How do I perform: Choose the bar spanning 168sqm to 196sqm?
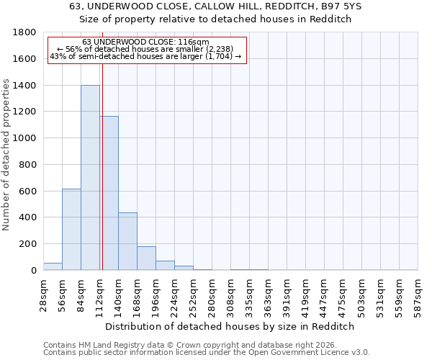(x=146, y=258)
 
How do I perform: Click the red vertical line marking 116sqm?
(x=102, y=158)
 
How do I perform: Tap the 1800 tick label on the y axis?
(x=25, y=32)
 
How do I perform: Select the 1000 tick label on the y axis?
(x=25, y=138)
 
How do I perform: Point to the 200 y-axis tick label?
(x=28, y=244)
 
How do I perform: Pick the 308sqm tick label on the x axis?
(x=231, y=294)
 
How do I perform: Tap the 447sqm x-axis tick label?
(x=325, y=294)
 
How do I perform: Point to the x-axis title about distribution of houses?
(x=230, y=326)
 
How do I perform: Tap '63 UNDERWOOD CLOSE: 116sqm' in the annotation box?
(x=146, y=42)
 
